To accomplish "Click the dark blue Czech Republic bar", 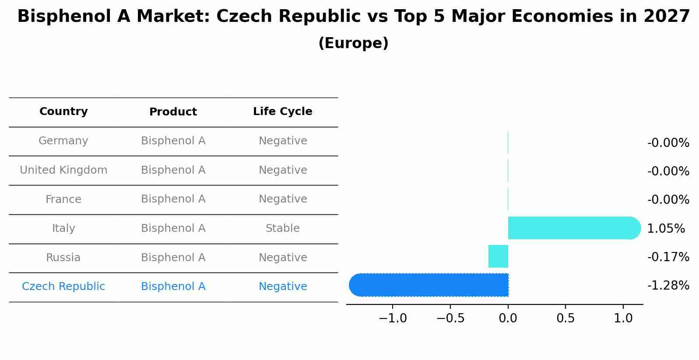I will [x=429, y=285].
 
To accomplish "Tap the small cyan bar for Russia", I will [x=498, y=256].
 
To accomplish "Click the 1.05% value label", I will [x=665, y=228].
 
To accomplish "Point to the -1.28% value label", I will [x=668, y=285].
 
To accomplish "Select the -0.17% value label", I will [x=668, y=257].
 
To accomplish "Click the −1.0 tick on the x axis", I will [x=393, y=318].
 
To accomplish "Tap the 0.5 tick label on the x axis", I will [x=565, y=318].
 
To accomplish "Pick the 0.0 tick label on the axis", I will [x=508, y=318].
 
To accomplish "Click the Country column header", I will [x=63, y=112].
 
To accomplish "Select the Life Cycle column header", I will [x=282, y=112].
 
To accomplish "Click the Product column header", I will [x=173, y=112].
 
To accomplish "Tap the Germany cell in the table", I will [x=63, y=141].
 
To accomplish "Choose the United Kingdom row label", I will [x=63, y=170].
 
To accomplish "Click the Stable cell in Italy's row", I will [x=282, y=228].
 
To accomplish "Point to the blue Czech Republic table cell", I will [x=63, y=287].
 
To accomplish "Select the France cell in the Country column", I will [x=63, y=199].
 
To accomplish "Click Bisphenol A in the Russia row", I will [x=173, y=258].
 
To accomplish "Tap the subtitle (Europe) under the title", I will [x=353, y=43].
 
